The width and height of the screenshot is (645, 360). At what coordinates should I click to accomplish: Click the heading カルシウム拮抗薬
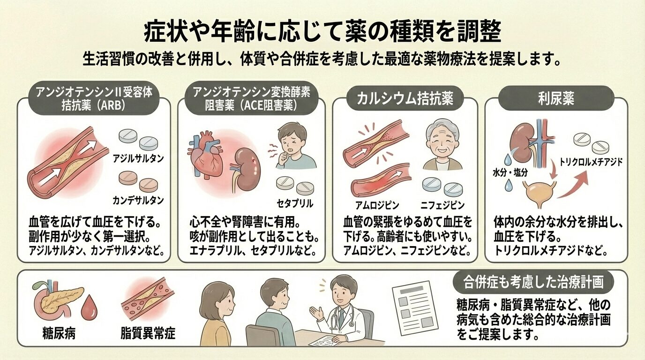pyautogui.click(x=404, y=99)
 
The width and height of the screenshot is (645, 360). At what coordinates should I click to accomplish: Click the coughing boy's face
pyautogui.click(x=289, y=140)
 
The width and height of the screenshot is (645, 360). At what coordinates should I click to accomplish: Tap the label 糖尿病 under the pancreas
pyautogui.click(x=59, y=334)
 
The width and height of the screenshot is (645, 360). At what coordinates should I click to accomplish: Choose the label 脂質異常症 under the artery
pyautogui.click(x=148, y=334)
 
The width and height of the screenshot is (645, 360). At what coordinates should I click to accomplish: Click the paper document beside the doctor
pyautogui.click(x=411, y=307)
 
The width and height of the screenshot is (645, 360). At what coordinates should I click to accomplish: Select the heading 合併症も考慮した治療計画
pyautogui.click(x=533, y=283)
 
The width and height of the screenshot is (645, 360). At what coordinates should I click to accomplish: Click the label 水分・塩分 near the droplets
pyautogui.click(x=510, y=172)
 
